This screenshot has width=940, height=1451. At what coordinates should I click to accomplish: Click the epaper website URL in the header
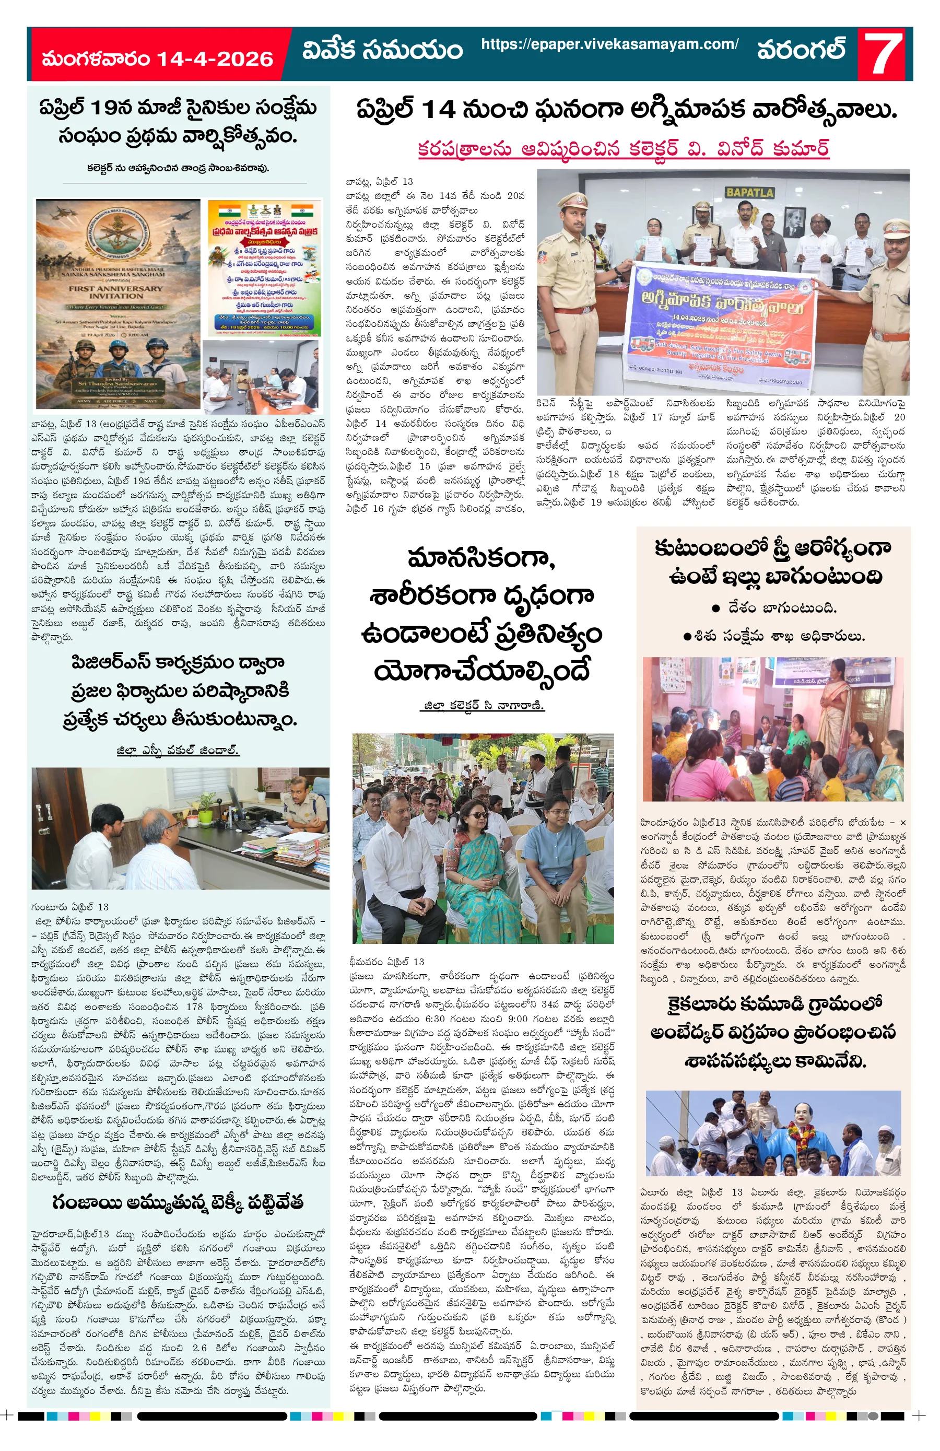pyautogui.click(x=609, y=44)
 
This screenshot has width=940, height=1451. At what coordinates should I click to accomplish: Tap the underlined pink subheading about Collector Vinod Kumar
pyautogui.click(x=623, y=149)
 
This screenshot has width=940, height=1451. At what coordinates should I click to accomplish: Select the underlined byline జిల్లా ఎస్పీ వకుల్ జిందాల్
pyautogui.click(x=178, y=750)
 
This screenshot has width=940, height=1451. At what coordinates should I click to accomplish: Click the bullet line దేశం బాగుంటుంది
pyautogui.click(x=773, y=607)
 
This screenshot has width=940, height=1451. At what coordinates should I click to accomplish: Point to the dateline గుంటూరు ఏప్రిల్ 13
pyautogui.click(x=69, y=907)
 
